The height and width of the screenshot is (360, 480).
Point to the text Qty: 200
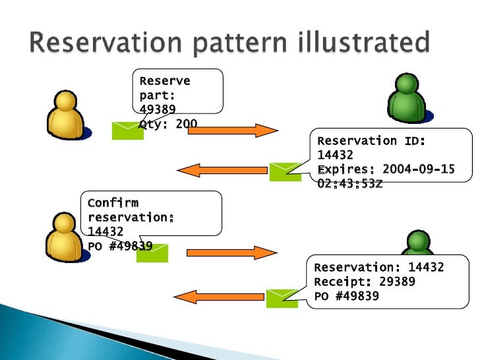tap(168, 123)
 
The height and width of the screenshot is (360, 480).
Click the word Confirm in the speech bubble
tap(113, 202)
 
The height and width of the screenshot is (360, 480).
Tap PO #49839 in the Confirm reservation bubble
tap(120, 246)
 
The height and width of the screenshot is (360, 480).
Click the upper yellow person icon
tap(65, 115)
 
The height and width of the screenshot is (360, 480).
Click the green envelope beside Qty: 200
tap(127, 130)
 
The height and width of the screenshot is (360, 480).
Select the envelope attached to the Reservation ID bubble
tap(285, 171)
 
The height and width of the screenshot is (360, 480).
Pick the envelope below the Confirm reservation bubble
tap(152, 253)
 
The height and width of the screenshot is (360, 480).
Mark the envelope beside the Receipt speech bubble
tap(282, 298)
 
